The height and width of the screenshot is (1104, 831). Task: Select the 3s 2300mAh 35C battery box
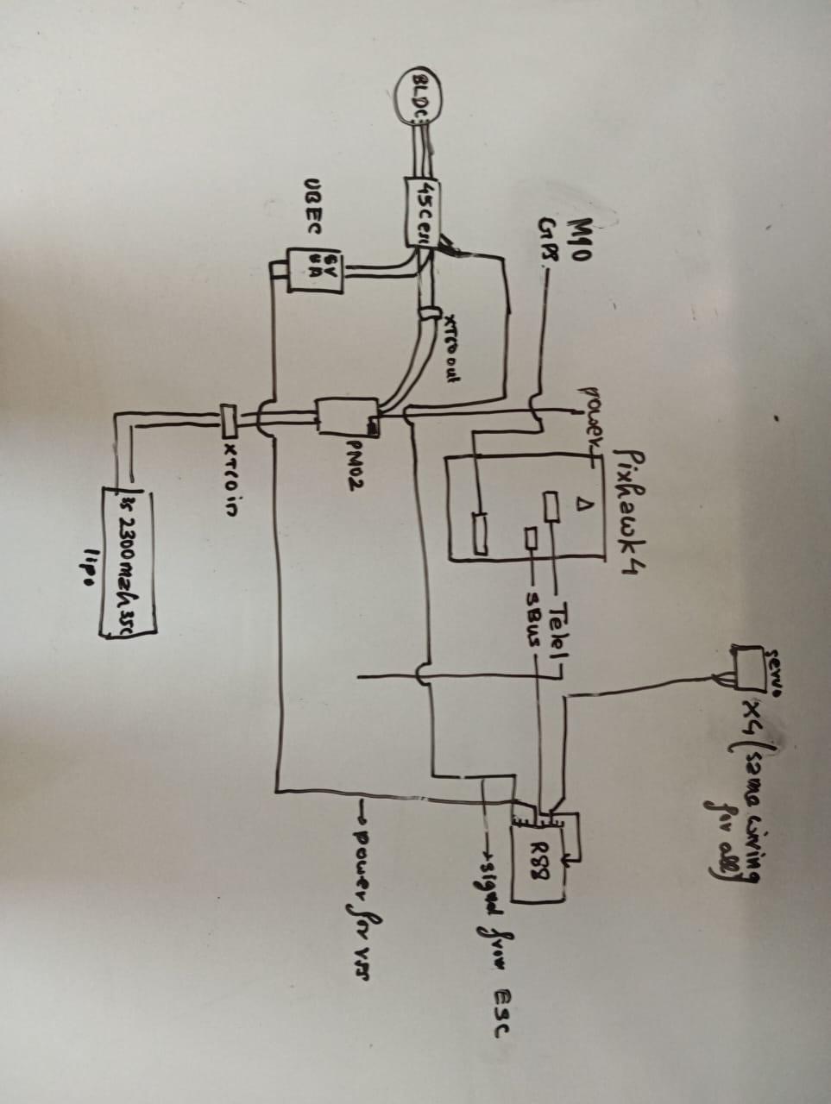(128, 561)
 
